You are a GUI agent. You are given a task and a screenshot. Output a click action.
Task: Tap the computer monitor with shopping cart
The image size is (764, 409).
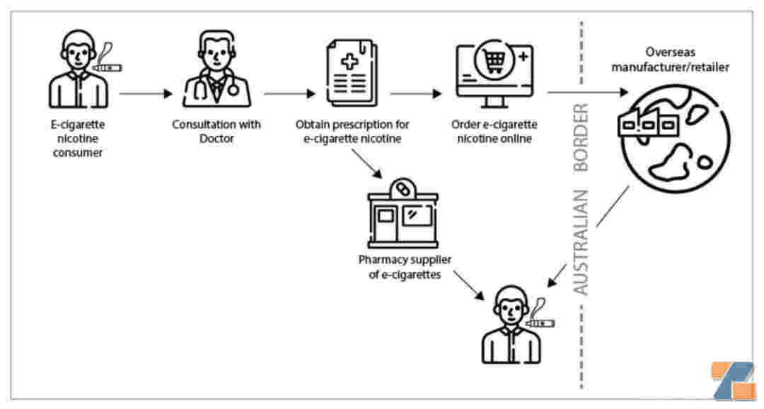pos(492,68)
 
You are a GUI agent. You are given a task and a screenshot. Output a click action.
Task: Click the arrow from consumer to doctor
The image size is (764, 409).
pos(146,93)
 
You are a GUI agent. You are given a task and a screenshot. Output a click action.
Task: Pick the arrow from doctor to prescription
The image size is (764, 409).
pos(289,93)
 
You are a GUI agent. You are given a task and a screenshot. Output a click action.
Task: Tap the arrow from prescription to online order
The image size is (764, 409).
pos(415,93)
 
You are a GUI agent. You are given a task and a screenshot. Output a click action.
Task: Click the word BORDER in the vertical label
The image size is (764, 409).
pos(581,138)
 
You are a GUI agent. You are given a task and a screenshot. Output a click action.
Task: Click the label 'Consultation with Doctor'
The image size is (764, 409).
pos(216,131)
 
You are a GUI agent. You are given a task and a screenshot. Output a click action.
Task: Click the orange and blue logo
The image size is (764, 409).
pos(734,381)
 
